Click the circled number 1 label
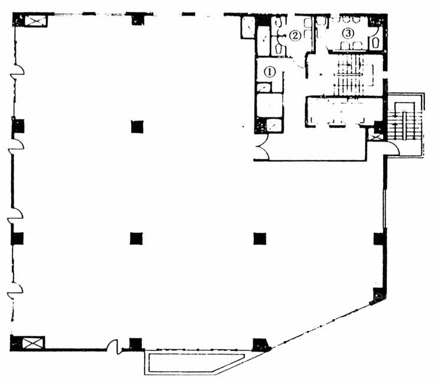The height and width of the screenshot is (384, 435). pos(270,72)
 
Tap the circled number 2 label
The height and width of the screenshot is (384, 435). pos(295,35)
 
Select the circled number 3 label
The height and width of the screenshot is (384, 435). pos(348,33)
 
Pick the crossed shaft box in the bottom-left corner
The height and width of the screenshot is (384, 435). pos(32,343)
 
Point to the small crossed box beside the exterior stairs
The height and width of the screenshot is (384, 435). pos(375,136)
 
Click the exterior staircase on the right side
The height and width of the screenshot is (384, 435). pos(405,125)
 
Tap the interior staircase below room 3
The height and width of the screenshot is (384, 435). pos(349,75)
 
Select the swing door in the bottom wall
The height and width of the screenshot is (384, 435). pos(114,347)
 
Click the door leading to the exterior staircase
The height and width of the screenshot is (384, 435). pos(393,147)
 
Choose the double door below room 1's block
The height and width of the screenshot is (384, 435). pos(262,147)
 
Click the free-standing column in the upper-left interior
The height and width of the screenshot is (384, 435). pos(137,127)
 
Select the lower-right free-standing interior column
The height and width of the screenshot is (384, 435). pos(260,239)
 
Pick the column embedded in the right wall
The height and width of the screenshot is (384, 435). pos(379,239)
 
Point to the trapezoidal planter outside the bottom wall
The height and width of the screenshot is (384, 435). pos(194,362)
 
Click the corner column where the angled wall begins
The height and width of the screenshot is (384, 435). pos(261,345)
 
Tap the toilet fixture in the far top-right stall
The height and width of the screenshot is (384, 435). pos(376,43)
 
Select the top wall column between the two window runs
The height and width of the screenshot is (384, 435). pos(138,18)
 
